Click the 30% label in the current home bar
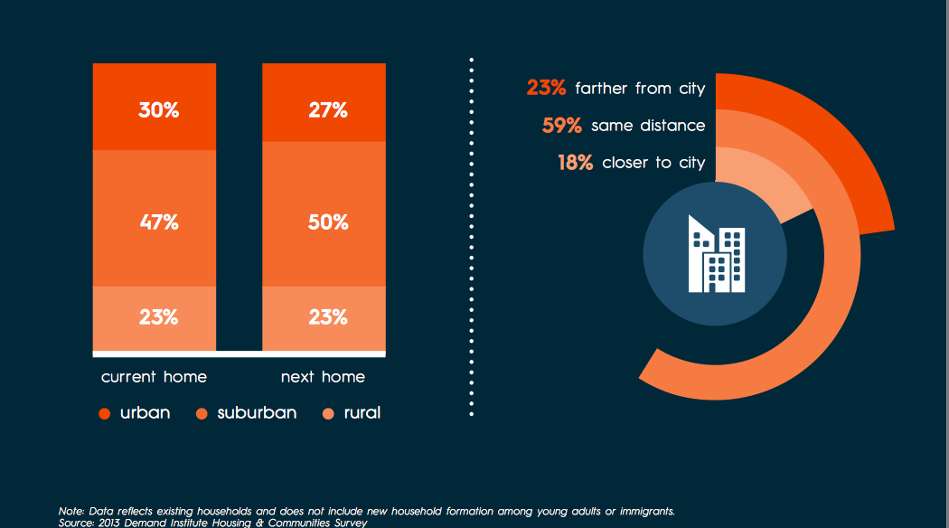[x=158, y=110]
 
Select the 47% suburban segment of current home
[x=158, y=222]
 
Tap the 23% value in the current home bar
[x=158, y=317]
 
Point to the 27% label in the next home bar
[x=327, y=110]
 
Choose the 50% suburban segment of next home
[x=327, y=222]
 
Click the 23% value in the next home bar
[x=327, y=317]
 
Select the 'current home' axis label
[x=154, y=376]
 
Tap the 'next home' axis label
[x=323, y=376]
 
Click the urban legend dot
[x=104, y=414]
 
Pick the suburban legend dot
[x=201, y=414]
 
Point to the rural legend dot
[x=328, y=414]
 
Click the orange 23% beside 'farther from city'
[x=546, y=88]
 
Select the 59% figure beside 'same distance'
[x=561, y=126]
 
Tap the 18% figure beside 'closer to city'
[x=575, y=163]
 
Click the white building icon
[x=716, y=254]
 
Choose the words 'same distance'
[x=648, y=126]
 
